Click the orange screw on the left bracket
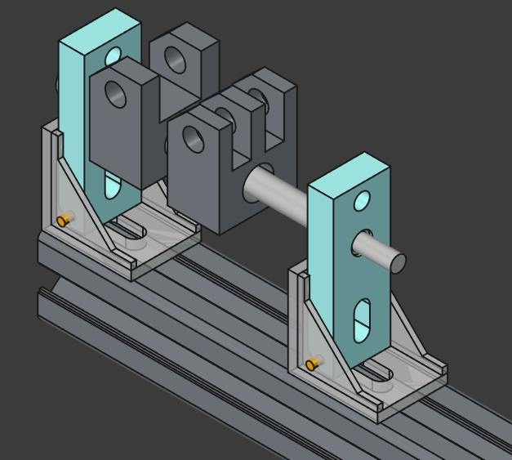click(64, 220)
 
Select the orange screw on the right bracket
click(312, 364)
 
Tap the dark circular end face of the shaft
click(397, 262)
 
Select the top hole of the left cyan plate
click(113, 57)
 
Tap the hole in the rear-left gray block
click(175, 60)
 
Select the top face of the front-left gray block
click(123, 69)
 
